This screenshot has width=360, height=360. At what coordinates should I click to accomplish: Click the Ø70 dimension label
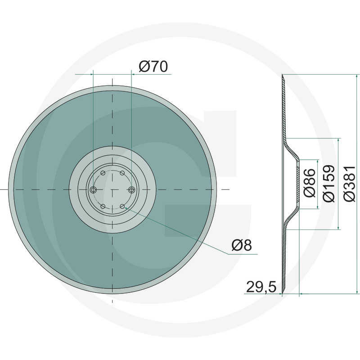tap(153, 67)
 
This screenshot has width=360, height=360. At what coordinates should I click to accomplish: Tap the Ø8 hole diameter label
tap(242, 245)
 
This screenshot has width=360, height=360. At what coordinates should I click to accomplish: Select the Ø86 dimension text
tap(309, 183)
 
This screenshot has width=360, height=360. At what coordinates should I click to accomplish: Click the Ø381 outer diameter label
tap(350, 184)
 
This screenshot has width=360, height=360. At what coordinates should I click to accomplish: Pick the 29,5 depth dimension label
tap(261, 287)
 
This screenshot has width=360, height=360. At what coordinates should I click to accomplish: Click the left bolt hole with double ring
tap(93, 189)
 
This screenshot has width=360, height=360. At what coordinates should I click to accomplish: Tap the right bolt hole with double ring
tap(131, 189)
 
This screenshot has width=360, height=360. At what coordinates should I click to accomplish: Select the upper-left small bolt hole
tap(103, 173)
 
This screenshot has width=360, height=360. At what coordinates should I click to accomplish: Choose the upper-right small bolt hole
tap(122, 173)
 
